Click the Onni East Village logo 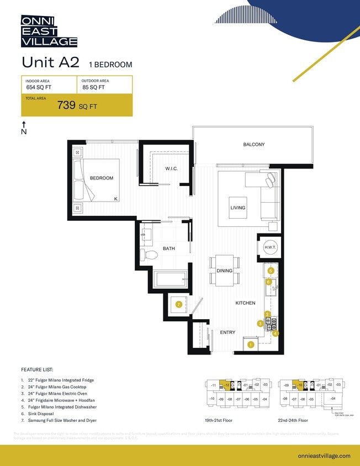(x=49, y=31)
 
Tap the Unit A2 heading (x=50, y=62)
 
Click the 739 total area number (x=66, y=106)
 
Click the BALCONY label (x=254, y=145)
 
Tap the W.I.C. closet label (x=171, y=168)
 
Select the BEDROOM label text (x=102, y=178)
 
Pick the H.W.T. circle (x=271, y=247)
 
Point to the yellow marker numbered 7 (x=178, y=304)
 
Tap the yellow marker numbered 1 (x=251, y=345)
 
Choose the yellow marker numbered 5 (x=271, y=271)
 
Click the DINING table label (x=224, y=271)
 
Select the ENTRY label (x=227, y=332)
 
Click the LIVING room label (x=238, y=208)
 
